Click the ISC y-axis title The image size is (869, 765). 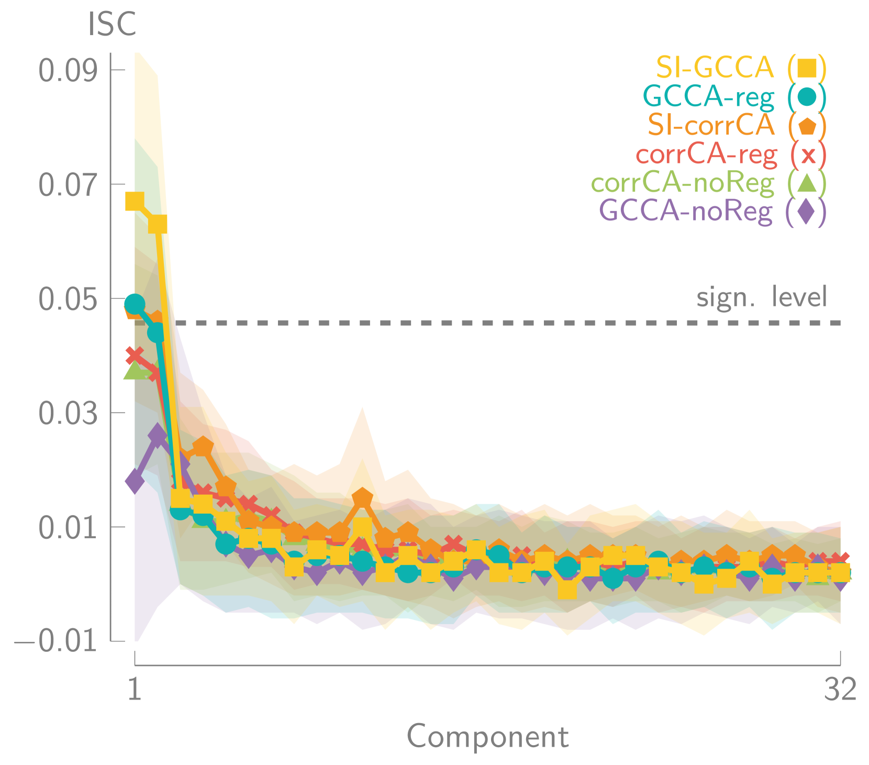click(x=112, y=24)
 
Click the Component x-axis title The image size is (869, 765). click(x=487, y=737)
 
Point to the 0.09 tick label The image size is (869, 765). click(x=68, y=70)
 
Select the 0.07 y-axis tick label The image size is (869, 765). click(x=68, y=184)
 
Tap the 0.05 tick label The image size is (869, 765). click(x=68, y=298)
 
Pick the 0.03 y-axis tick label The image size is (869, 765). click(x=68, y=413)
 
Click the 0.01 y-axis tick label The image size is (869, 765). click(x=68, y=527)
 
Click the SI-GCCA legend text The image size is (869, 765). click(x=715, y=67)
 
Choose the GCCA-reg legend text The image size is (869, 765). click(x=708, y=96)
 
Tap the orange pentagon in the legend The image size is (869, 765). click(x=807, y=126)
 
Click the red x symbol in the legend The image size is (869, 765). click(x=808, y=155)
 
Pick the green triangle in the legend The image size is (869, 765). click(x=807, y=183)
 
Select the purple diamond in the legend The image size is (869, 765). click(x=807, y=212)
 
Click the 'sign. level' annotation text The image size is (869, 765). click(x=762, y=297)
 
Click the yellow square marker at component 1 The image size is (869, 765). click(x=135, y=201)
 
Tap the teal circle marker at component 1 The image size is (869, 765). click(x=135, y=304)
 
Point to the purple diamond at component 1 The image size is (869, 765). click(x=135, y=481)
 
